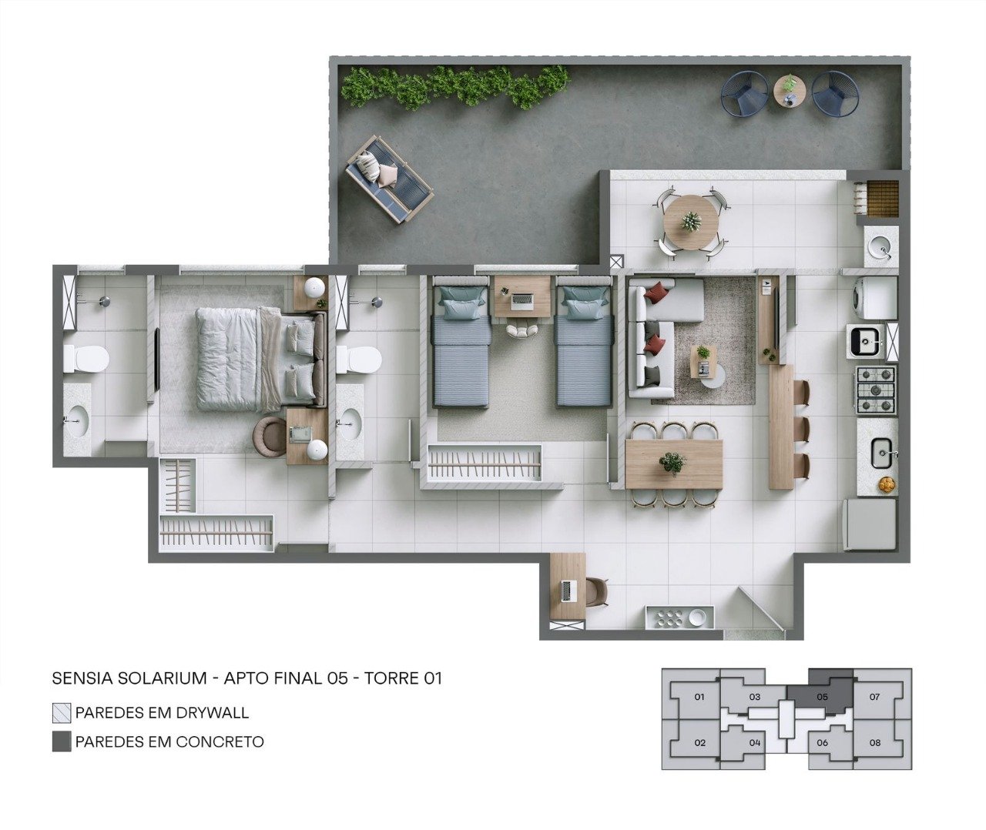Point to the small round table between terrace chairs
(790, 90)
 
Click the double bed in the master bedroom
(261, 358)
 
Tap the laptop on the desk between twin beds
(522, 300)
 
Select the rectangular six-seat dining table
(674, 464)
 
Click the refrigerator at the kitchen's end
(870, 525)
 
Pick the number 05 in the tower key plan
(822, 696)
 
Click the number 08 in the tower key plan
(875, 743)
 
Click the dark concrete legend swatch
(62, 741)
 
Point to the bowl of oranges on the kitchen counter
(886, 484)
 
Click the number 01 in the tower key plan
(699, 696)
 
